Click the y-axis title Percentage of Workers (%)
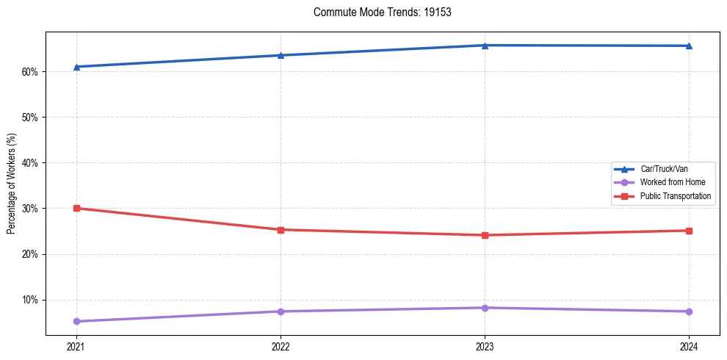[11, 184]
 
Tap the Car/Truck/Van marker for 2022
[281, 55]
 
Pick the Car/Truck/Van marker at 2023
[485, 46]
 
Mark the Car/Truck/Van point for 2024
[689, 46]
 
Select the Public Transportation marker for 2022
[281, 230]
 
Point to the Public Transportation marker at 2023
[485, 235]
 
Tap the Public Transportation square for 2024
[689, 231]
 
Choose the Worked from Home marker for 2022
[281, 312]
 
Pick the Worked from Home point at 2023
[485, 308]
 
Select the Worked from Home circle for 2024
[689, 312]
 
